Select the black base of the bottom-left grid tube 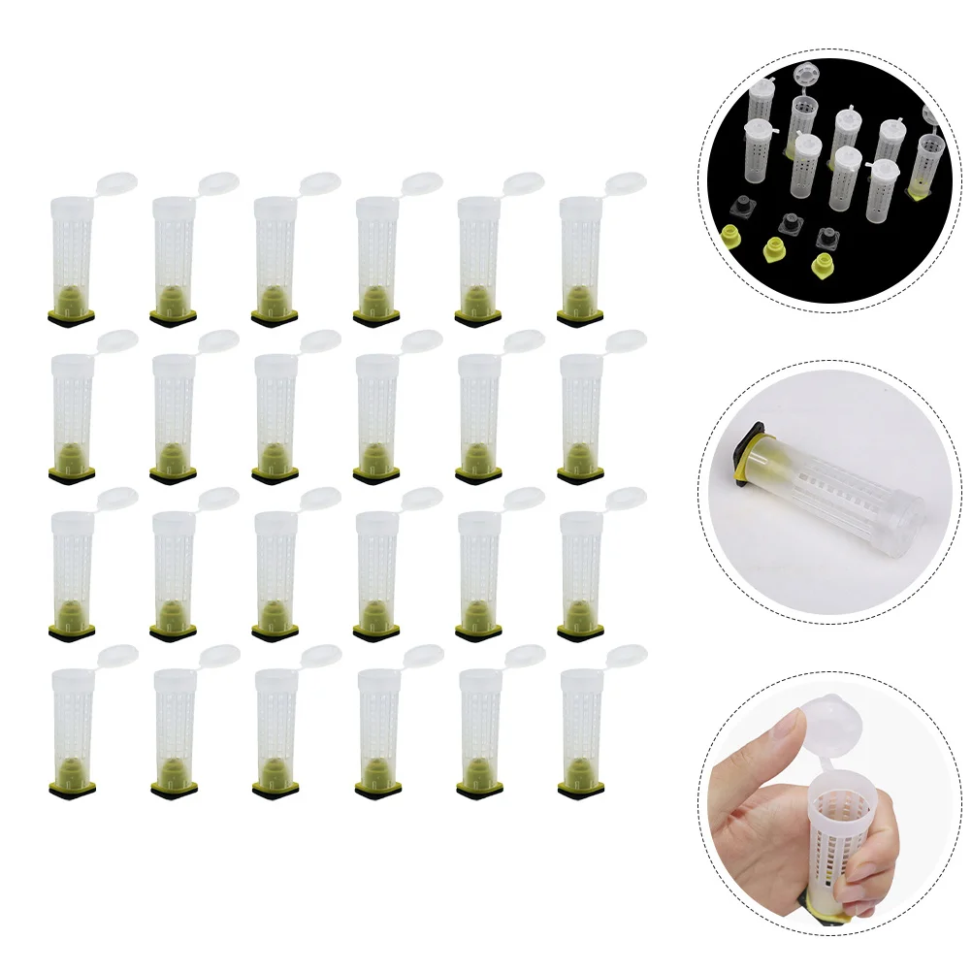click(72, 788)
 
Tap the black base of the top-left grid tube click(72, 317)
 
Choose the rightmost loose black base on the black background click(828, 237)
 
